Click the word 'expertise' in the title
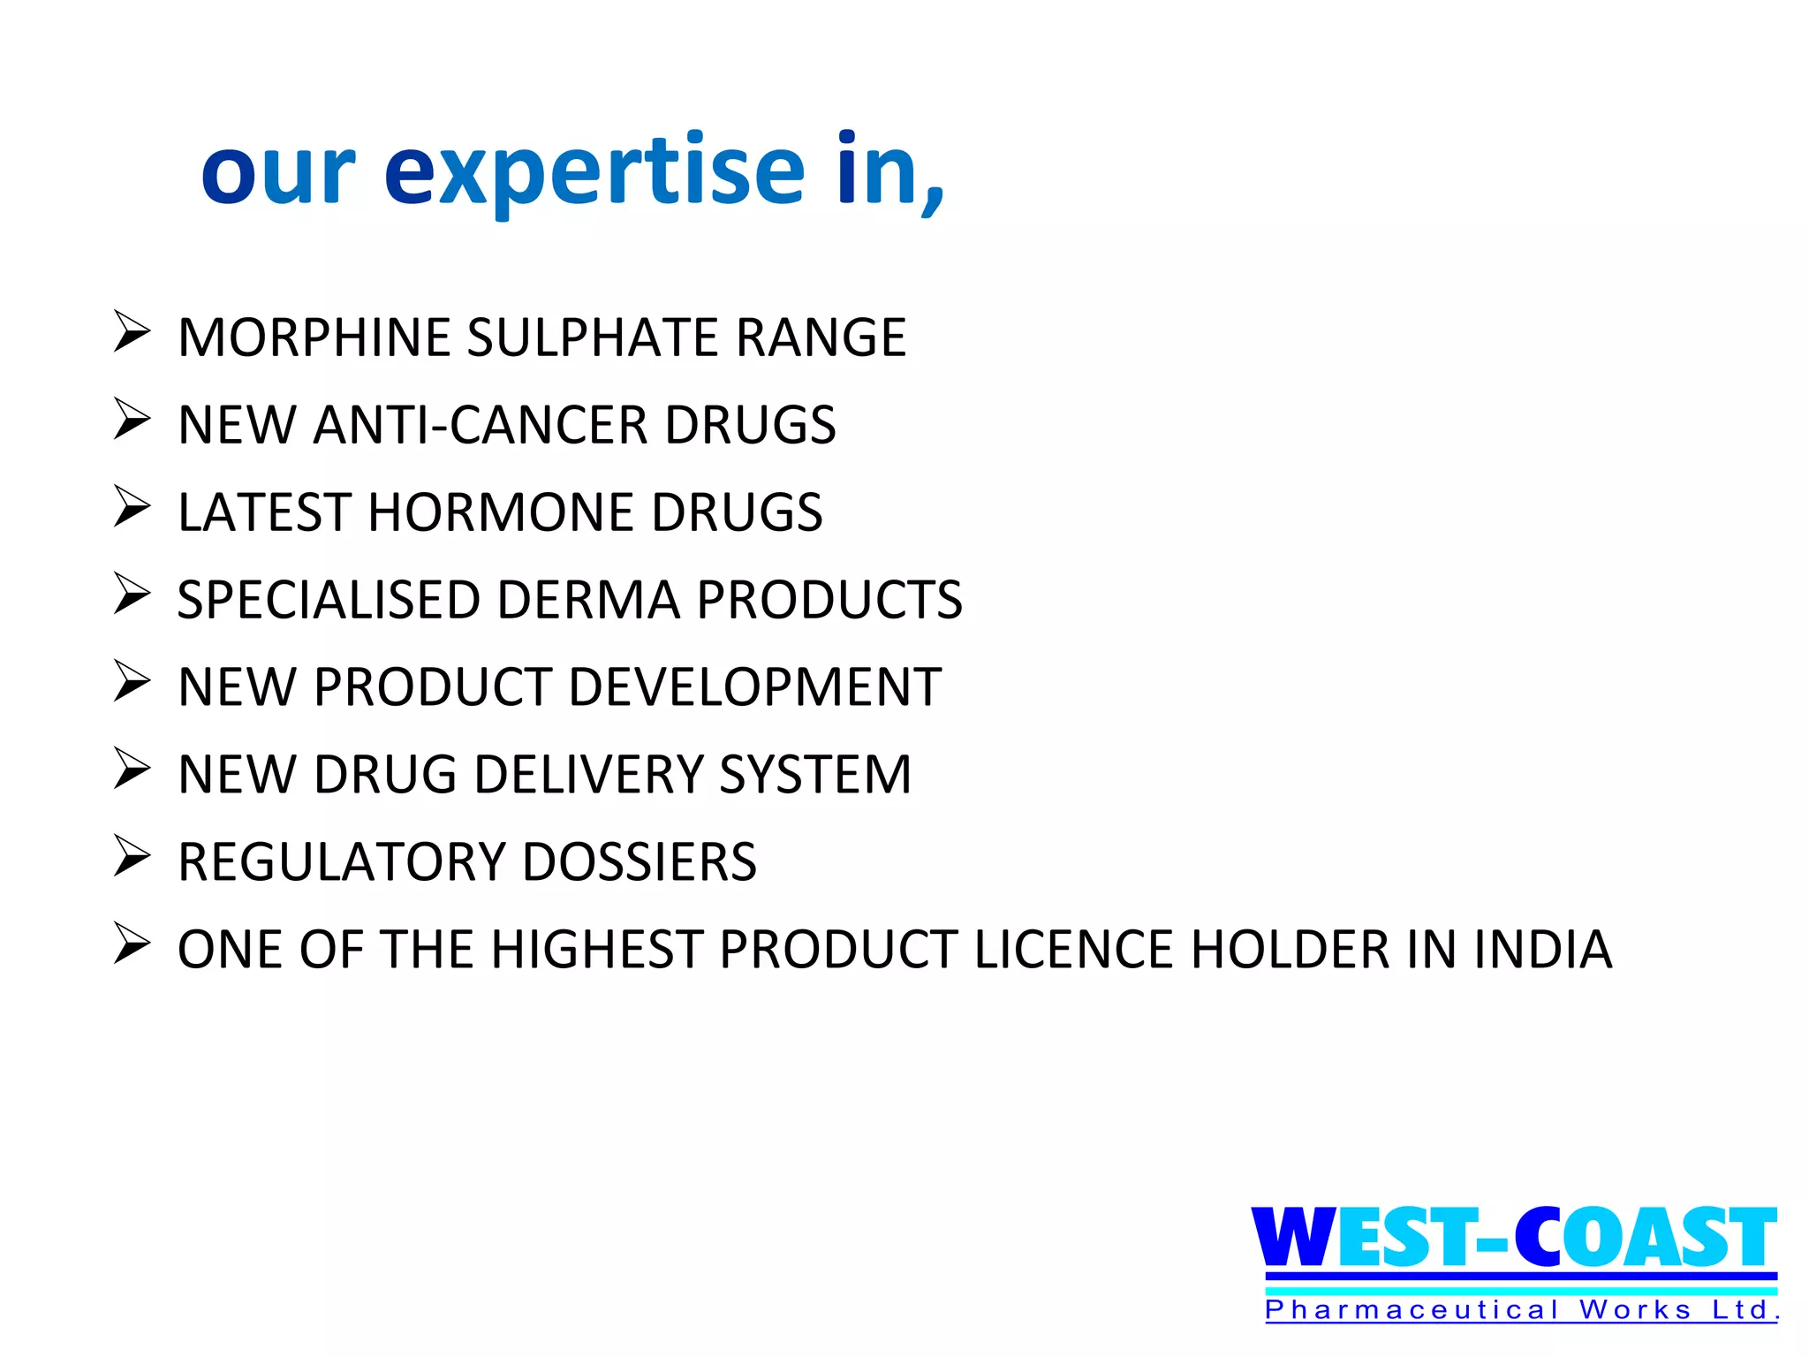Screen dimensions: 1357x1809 [594, 172]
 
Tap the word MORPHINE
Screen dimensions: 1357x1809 [314, 337]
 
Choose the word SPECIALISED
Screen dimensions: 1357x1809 [329, 600]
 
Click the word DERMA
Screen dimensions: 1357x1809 [589, 600]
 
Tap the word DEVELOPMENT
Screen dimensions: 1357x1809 [755, 687]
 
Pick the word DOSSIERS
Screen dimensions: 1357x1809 [640, 862]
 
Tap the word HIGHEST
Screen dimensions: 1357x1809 [597, 950]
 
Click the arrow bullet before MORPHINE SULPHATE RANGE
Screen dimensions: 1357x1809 [132, 332]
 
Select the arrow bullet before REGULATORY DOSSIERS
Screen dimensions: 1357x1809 [132, 857]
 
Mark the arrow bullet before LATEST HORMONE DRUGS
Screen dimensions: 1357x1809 [132, 507]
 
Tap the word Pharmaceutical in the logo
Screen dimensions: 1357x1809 [1412, 1309]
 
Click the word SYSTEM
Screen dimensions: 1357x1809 [815, 775]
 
